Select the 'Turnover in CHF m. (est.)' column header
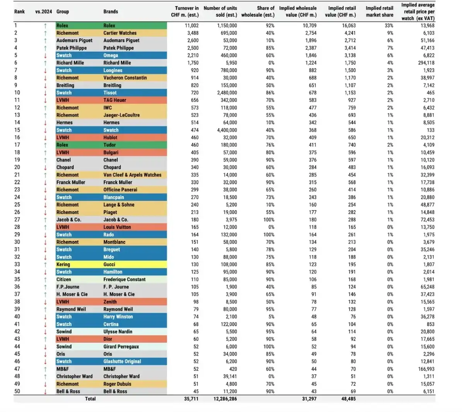click(x=186, y=12)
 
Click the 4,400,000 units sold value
click(x=224, y=130)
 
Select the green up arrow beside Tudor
click(x=45, y=145)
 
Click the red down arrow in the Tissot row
click(x=45, y=93)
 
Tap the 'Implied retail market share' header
click(x=379, y=12)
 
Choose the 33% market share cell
click(x=389, y=25)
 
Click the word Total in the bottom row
click(x=90, y=399)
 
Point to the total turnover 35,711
click(x=191, y=399)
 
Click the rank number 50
click(x=17, y=391)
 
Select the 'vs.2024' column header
click(x=43, y=12)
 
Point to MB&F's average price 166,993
click(x=426, y=369)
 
